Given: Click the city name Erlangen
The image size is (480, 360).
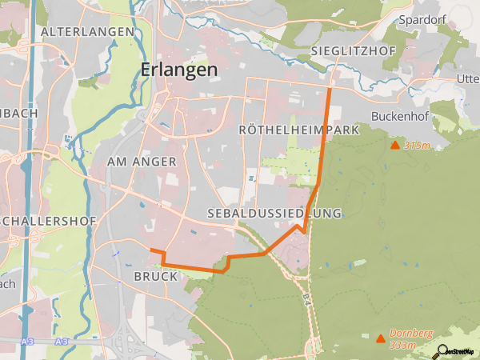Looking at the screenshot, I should pyautogui.click(x=178, y=70).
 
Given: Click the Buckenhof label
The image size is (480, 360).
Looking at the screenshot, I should pyautogui.click(x=400, y=116).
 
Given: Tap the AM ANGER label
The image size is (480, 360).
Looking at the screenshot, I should pyautogui.click(x=142, y=162).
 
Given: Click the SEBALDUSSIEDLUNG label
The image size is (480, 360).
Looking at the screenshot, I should pyautogui.click(x=274, y=214).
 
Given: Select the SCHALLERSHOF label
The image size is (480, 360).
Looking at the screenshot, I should pyautogui.click(x=50, y=221).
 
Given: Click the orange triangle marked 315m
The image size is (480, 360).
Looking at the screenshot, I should pyautogui.click(x=394, y=146).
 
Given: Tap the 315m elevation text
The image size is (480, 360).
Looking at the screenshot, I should pyautogui.click(x=418, y=146).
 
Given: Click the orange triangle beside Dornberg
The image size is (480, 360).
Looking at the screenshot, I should pyautogui.click(x=379, y=338).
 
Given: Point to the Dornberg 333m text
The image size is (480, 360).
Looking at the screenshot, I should pyautogui.click(x=403, y=338).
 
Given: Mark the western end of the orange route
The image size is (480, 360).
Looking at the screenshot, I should pyautogui.click(x=151, y=250).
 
